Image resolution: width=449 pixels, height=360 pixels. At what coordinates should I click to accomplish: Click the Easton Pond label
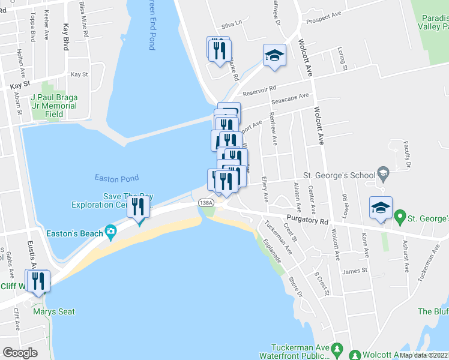click(116, 178)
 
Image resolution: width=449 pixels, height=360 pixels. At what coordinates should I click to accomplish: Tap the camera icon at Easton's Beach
click(110, 231)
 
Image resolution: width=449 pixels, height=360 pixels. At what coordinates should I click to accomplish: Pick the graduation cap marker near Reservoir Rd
click(274, 56)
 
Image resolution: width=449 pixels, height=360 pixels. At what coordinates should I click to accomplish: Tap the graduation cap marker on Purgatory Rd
click(381, 208)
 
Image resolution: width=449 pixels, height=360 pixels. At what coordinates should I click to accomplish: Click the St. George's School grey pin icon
click(382, 175)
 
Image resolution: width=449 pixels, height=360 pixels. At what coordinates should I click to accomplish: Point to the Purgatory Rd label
click(307, 221)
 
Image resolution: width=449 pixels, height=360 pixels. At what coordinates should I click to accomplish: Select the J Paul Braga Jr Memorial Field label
click(54, 106)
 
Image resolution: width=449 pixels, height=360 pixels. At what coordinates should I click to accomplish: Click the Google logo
click(20, 352)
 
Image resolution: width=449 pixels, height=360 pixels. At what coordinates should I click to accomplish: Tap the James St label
click(354, 271)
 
